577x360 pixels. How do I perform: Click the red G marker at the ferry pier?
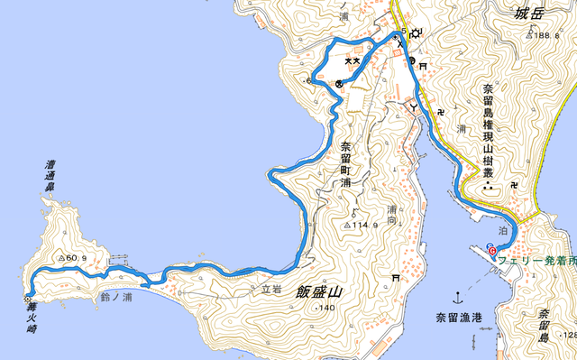pos(491,250)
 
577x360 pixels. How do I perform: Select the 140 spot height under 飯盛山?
pos(325,309)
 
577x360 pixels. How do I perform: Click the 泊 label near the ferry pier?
pos(503,232)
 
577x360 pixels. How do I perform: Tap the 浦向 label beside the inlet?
pos(392,214)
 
